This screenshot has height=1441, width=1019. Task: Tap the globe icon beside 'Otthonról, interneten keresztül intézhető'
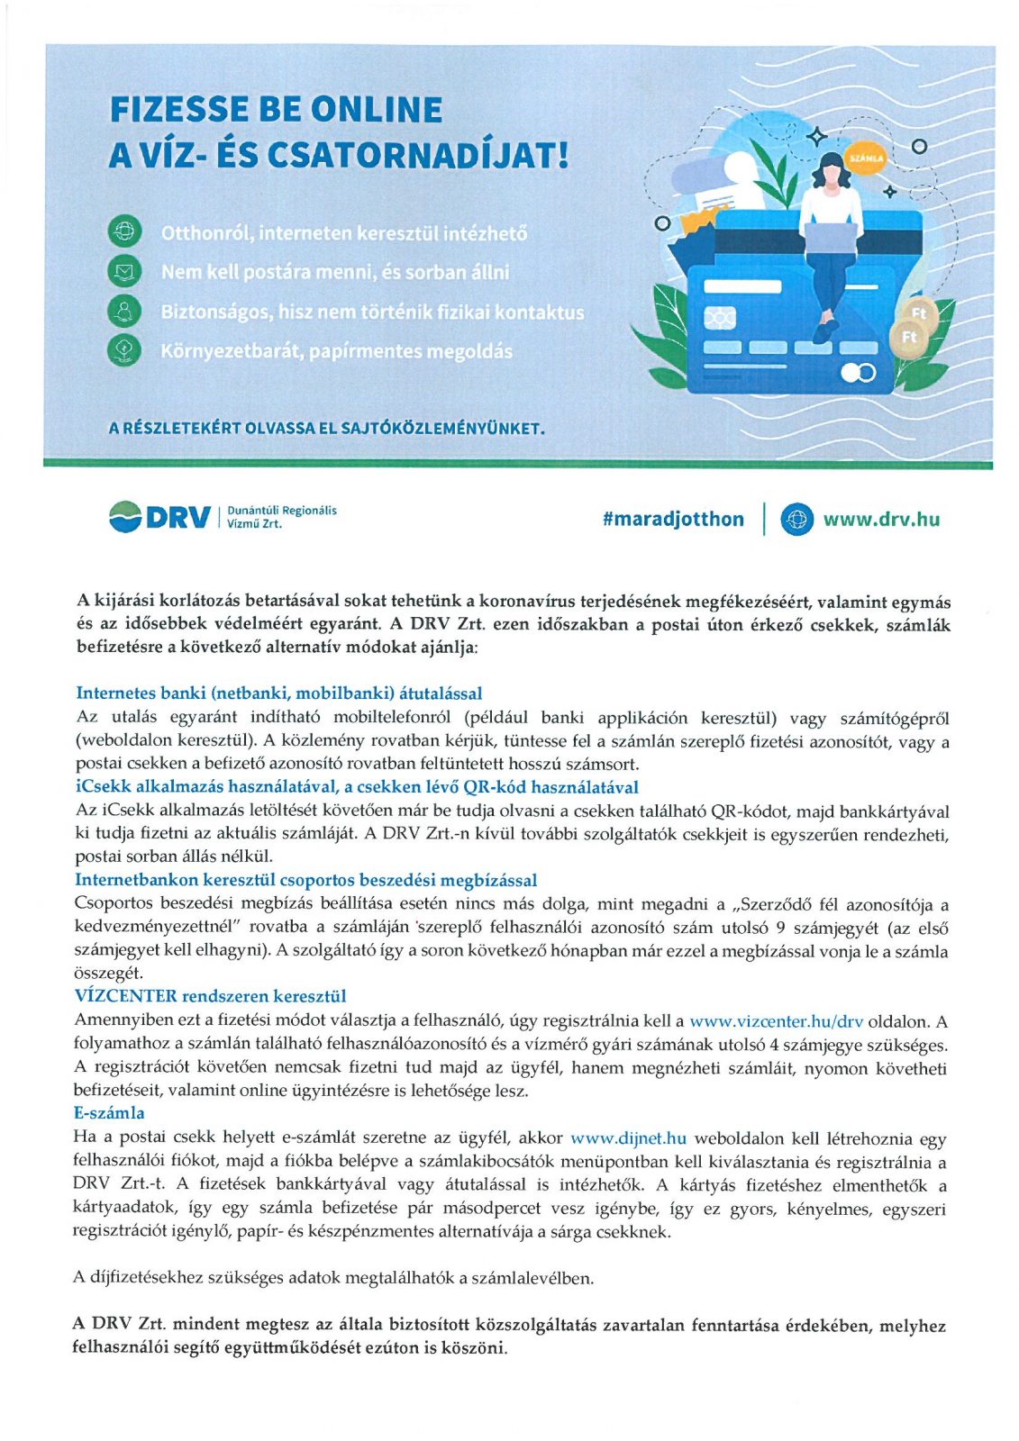click(x=124, y=231)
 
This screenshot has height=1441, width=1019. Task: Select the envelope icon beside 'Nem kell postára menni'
click(x=124, y=271)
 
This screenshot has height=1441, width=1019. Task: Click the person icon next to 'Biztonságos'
click(x=124, y=311)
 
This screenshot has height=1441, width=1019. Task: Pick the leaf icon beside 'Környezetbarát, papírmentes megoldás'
click(x=124, y=349)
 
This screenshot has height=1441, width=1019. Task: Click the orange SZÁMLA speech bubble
click(x=866, y=159)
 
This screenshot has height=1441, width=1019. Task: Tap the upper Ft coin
click(x=919, y=313)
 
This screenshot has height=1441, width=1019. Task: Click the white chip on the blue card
click(x=720, y=318)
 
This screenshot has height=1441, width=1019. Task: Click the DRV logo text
click(x=177, y=518)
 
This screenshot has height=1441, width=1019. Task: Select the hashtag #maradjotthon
click(x=673, y=519)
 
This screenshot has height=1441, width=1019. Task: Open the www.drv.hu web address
click(x=880, y=519)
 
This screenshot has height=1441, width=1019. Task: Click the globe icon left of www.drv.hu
click(x=796, y=519)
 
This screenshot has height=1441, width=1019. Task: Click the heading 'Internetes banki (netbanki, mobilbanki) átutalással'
click(x=279, y=693)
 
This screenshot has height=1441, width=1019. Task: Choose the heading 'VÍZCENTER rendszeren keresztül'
click(x=210, y=995)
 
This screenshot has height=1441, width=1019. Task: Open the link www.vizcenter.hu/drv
click(x=776, y=1021)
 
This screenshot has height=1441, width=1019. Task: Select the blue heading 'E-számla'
click(x=109, y=1112)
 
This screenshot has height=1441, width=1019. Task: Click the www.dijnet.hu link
click(x=628, y=1137)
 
